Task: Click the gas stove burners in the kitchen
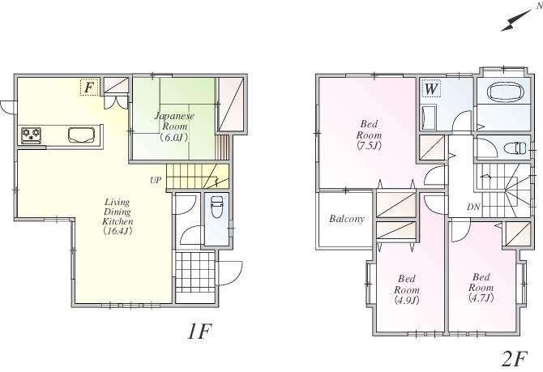click(x=32, y=134)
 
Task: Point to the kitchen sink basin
click(x=81, y=134)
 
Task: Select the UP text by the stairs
click(x=154, y=180)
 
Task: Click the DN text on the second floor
click(x=473, y=207)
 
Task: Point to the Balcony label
click(x=346, y=220)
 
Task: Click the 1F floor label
click(x=199, y=332)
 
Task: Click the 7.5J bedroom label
click(x=369, y=135)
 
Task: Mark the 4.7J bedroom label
click(x=481, y=287)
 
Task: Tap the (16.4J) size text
click(x=118, y=231)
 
